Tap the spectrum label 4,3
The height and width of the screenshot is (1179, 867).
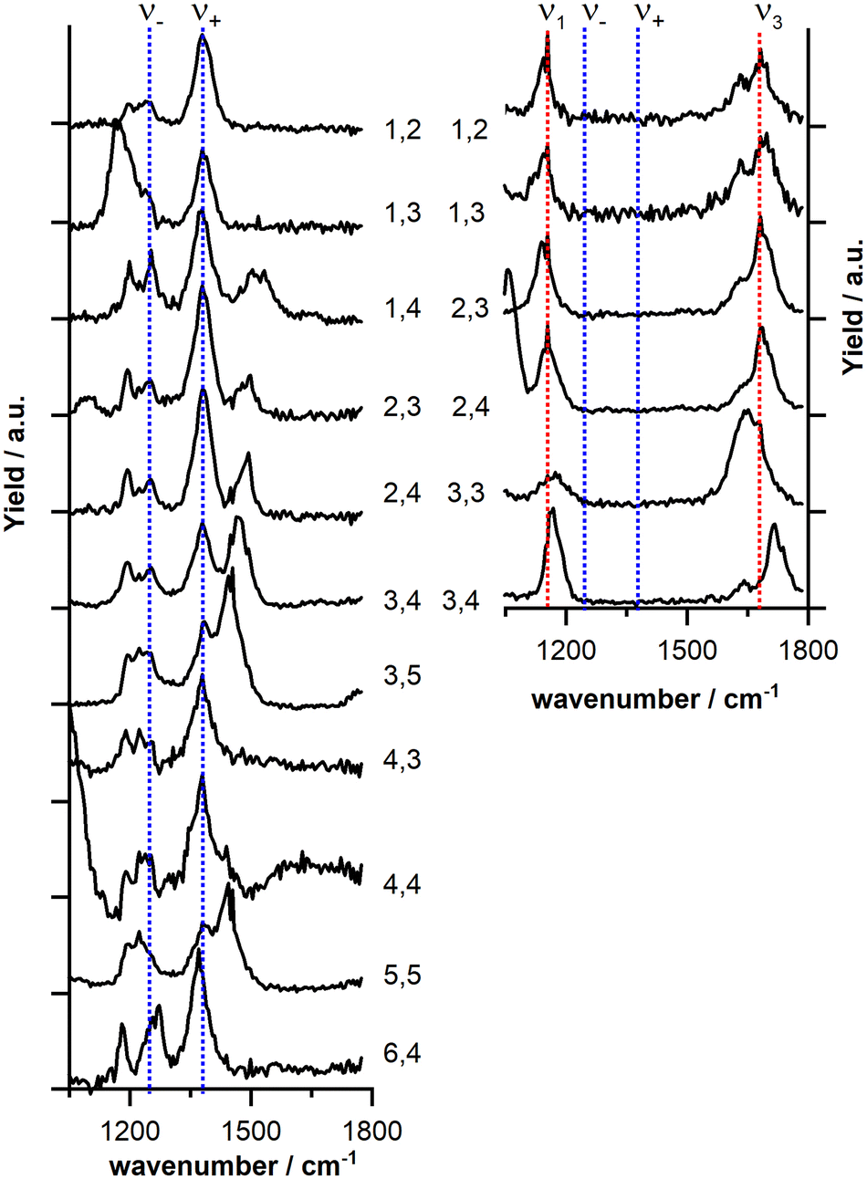[x=402, y=761]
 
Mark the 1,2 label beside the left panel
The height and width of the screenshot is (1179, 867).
[x=402, y=130]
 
